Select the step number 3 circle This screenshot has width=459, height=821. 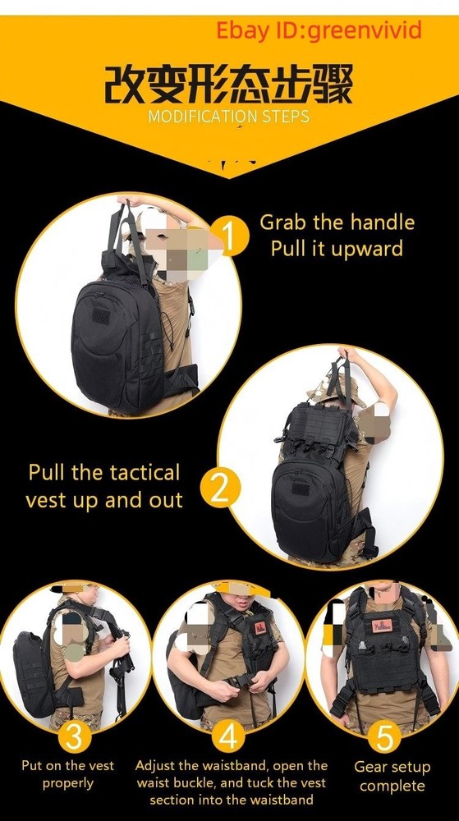pyautogui.click(x=74, y=736)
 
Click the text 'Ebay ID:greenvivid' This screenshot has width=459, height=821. pyautogui.click(x=319, y=31)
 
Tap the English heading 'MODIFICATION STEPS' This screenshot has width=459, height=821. pyautogui.click(x=228, y=116)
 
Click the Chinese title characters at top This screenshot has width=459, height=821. pyautogui.click(x=228, y=84)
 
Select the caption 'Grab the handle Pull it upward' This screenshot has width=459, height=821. pyautogui.click(x=337, y=235)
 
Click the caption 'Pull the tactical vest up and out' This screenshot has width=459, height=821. pyautogui.click(x=103, y=486)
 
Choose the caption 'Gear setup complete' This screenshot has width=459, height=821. pyautogui.click(x=392, y=776)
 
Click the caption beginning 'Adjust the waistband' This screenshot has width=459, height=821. pyautogui.click(x=231, y=782)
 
